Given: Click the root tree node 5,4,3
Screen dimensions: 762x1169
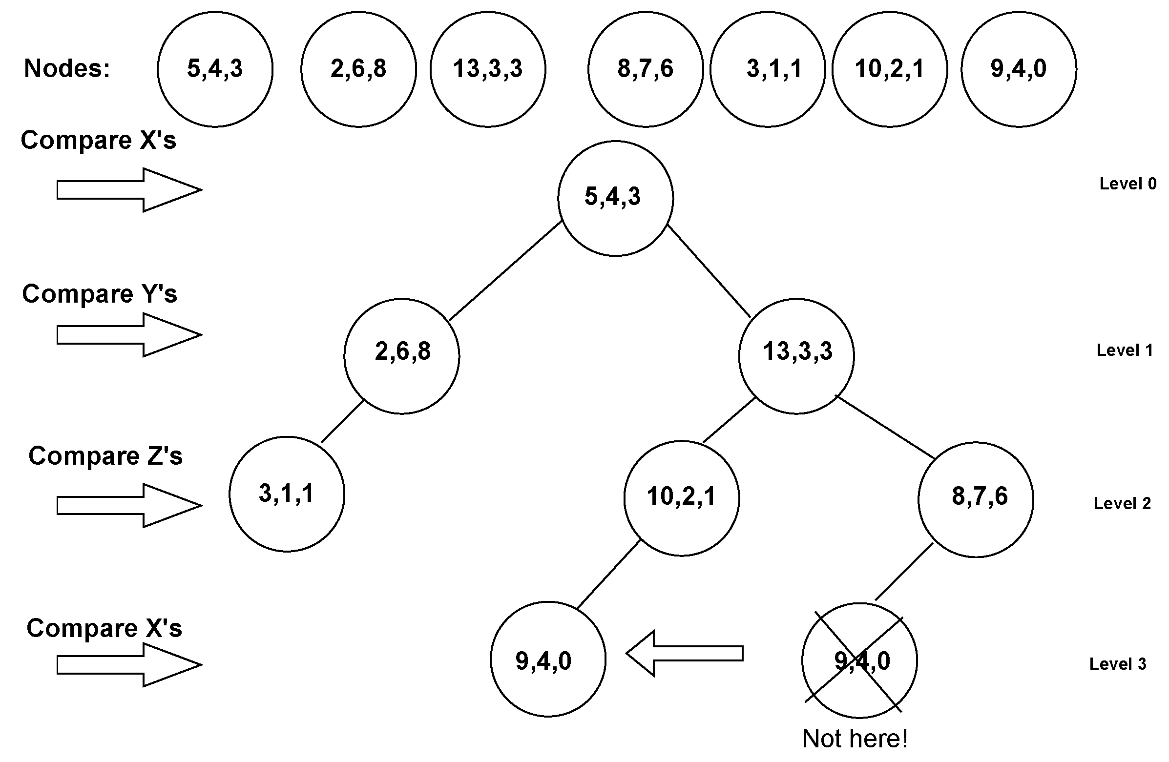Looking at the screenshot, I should coord(615,198).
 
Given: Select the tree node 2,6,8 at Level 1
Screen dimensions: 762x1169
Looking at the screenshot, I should coord(402,356).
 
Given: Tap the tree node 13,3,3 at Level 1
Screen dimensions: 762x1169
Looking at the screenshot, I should coord(796,356).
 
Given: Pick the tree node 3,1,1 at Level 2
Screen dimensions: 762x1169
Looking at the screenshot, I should coord(287,494).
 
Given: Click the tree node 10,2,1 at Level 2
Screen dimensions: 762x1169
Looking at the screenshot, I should coord(681,498).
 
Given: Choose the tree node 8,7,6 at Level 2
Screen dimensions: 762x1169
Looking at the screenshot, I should coord(976,499).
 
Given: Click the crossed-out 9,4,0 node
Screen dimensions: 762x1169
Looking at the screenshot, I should coord(859,660).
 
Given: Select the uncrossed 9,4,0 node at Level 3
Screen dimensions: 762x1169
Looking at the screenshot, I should coord(548,659).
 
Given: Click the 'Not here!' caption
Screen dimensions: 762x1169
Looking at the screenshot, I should coord(855,739).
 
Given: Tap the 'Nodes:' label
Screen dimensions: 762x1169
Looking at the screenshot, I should coord(67,68).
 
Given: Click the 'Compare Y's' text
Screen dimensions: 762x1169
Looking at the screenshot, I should coord(99,294).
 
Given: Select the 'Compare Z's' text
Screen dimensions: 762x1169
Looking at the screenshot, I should coord(105,455).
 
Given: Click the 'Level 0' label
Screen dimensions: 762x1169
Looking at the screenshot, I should coord(1127,184).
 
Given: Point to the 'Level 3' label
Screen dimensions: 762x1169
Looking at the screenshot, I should coord(1117,664).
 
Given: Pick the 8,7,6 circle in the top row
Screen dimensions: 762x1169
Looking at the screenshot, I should coord(646,69).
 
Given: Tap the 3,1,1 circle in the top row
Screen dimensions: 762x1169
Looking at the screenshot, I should coord(768,69).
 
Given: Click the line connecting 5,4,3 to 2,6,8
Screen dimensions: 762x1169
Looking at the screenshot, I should coord(505,271).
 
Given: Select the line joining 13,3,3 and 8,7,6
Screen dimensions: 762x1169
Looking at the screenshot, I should coord(885,427).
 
